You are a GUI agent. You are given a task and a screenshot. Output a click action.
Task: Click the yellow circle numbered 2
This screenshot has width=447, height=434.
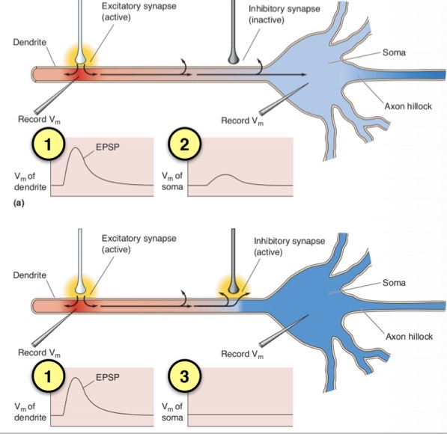[x=184, y=144]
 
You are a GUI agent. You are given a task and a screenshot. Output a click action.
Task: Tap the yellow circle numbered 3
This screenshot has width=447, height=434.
[x=184, y=376]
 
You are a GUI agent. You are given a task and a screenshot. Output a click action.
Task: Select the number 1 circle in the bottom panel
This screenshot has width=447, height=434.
[x=48, y=376]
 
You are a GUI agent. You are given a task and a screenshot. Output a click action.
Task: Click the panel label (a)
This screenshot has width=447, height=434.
[x=19, y=203]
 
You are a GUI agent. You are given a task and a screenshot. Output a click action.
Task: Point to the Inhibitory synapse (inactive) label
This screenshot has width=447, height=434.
[x=285, y=14]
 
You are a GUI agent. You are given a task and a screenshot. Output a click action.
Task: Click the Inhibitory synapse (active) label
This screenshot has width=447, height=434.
[x=289, y=246]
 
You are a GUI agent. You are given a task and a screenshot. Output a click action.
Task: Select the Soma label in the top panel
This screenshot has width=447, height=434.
[x=394, y=52]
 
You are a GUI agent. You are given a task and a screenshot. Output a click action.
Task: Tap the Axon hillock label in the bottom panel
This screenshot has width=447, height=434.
[x=409, y=337]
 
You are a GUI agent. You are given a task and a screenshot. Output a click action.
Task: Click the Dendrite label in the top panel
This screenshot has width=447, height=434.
[x=30, y=43]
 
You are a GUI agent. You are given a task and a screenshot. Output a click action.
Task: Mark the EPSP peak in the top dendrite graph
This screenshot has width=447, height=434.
[x=76, y=148]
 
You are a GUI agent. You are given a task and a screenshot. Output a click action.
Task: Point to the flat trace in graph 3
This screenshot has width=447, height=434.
[x=240, y=414]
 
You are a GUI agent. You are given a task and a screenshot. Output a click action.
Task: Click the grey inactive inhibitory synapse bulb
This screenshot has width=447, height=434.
[x=233, y=58]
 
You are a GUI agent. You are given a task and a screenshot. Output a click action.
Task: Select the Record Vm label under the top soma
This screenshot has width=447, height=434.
[x=243, y=120]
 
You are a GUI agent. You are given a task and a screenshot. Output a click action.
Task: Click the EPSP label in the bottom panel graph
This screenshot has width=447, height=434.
[x=108, y=377]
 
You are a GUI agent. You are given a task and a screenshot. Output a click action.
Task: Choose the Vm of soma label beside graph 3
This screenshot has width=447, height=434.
[x=172, y=412]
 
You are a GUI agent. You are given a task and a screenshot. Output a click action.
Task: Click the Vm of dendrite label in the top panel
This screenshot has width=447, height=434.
[x=30, y=182]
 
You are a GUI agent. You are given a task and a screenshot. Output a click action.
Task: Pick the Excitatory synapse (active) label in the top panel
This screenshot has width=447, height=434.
[x=139, y=12]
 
